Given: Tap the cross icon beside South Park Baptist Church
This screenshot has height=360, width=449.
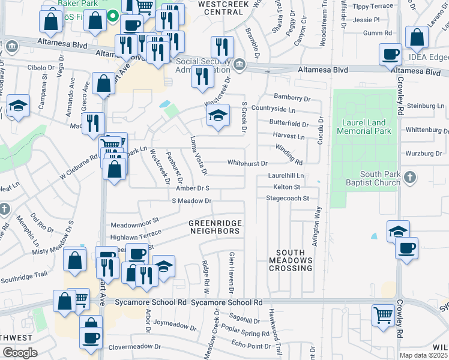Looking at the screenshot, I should point(409,178).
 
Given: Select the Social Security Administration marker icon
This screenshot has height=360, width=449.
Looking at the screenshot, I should point(240,65).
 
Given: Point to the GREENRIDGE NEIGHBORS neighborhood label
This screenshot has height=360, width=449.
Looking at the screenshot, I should point(215,227).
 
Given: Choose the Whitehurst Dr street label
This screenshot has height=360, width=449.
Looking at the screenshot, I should point(247,163).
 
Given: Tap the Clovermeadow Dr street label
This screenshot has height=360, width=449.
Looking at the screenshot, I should point(135,347).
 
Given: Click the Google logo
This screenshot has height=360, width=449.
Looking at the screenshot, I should point(20,353).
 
